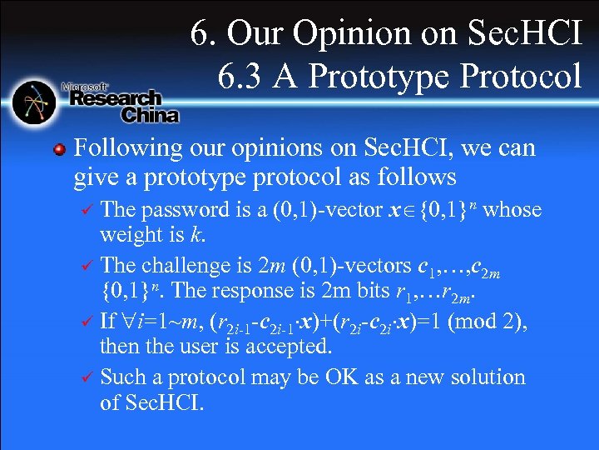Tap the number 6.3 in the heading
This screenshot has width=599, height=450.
[x=242, y=77]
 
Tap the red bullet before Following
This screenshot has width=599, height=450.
[x=59, y=150]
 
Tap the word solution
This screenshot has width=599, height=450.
[x=485, y=377]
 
